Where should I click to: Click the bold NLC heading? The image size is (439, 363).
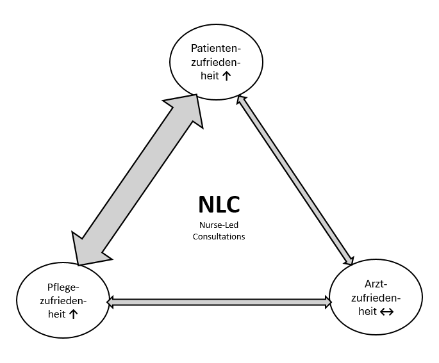(x=219, y=205)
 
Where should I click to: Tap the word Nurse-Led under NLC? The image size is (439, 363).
(x=219, y=225)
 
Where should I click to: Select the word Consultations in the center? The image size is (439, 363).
(x=219, y=236)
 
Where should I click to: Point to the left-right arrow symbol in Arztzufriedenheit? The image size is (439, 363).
(x=386, y=312)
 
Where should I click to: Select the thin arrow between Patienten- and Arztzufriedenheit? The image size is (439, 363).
(x=295, y=179)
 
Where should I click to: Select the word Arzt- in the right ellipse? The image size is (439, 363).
(x=376, y=284)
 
